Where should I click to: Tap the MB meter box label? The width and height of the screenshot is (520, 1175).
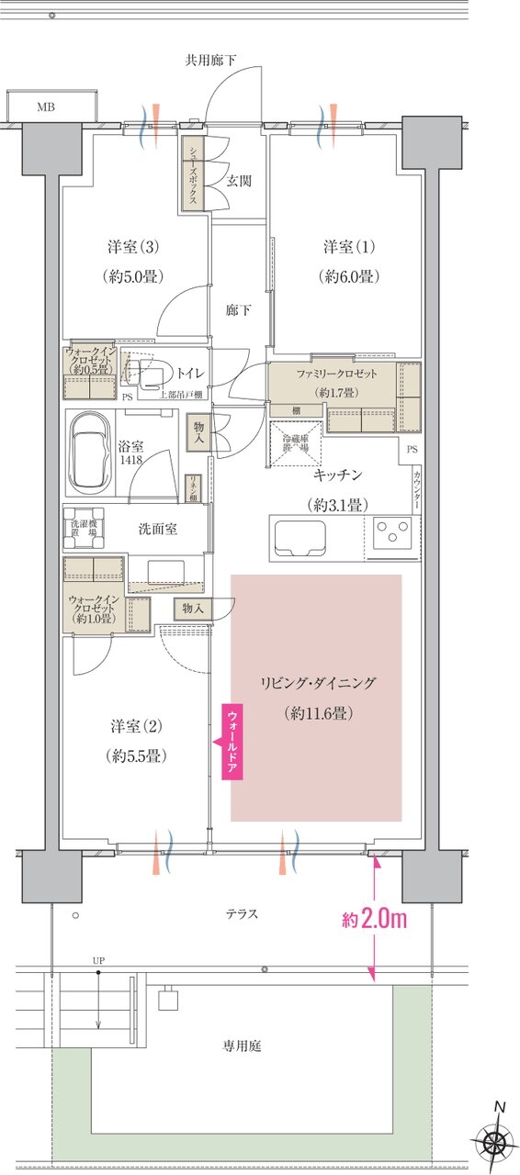[x=45, y=107]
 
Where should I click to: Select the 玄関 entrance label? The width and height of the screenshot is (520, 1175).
[x=239, y=181]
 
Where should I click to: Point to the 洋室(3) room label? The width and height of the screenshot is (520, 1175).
[x=134, y=247]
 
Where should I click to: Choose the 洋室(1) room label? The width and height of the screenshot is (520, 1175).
[x=350, y=247]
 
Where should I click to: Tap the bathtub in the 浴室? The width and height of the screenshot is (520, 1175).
[x=89, y=453]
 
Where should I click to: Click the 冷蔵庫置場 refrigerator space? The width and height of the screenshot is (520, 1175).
[x=296, y=442]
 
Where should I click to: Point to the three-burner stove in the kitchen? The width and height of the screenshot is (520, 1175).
[x=392, y=534]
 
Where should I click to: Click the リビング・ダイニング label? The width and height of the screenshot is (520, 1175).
[x=319, y=683]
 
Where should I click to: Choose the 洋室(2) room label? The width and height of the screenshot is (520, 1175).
[x=136, y=727]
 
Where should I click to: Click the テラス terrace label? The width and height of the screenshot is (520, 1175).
[x=242, y=913]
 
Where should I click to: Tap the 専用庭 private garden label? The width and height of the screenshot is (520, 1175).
[x=241, y=1045]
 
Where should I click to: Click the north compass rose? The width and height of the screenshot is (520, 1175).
[x=495, y=1142]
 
